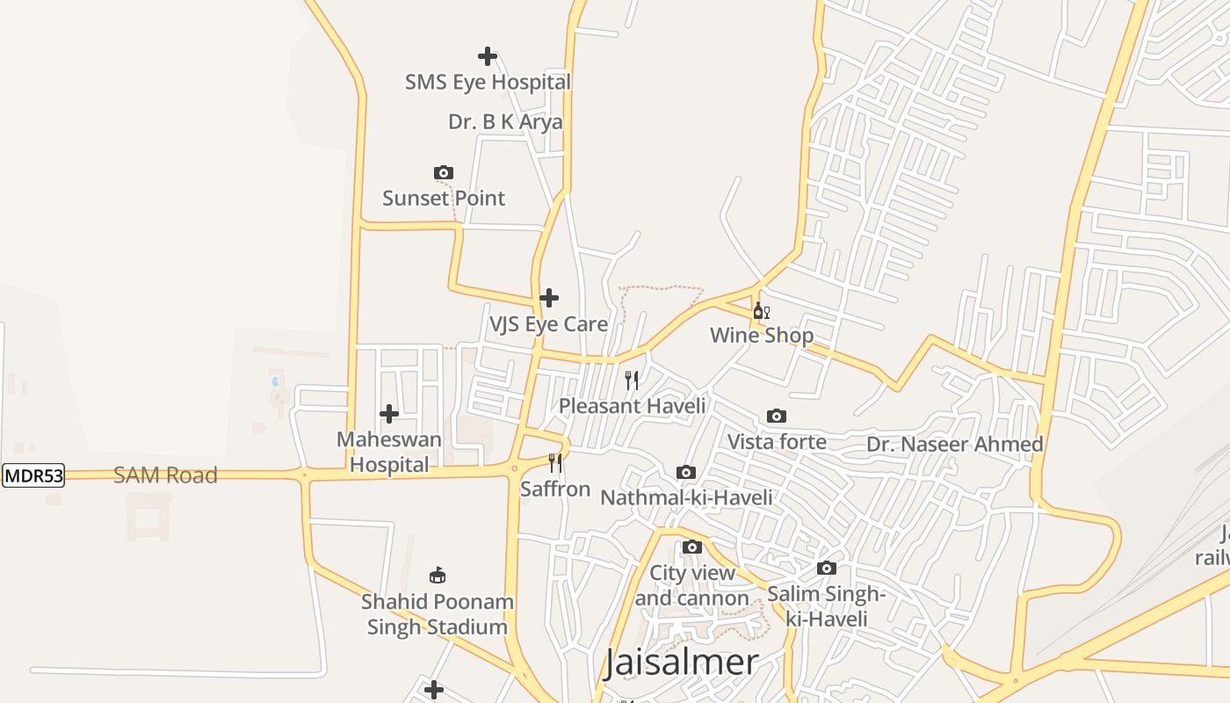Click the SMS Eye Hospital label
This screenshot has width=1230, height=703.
coord(488,83)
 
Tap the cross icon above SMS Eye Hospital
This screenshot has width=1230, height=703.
coord(488,57)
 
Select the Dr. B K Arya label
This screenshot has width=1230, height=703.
coord(505,122)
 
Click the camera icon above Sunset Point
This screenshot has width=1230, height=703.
coord(444,173)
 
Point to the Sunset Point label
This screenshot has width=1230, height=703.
coord(444,199)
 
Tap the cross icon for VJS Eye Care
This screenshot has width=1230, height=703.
coord(549,298)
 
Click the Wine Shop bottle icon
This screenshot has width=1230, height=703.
coord(761,311)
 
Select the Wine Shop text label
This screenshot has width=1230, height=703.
coord(761,336)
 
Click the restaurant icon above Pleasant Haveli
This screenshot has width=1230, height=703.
coord(632,380)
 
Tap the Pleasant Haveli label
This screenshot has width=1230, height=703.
coord(633,406)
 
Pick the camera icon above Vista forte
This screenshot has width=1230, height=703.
coord(777,416)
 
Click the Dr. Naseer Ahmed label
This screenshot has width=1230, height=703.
coord(955,445)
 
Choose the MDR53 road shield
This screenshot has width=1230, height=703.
coord(33,476)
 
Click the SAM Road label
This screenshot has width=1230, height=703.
coord(165,475)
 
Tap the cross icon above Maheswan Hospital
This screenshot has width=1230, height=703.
coord(389,414)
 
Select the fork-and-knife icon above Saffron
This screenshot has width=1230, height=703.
coord(555,462)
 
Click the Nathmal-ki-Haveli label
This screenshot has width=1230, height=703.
coord(686,498)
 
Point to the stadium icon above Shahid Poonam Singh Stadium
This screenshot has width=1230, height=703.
coord(437,576)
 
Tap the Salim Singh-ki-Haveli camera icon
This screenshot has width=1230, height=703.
coord(827,569)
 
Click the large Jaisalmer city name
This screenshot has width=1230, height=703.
coord(681,663)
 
